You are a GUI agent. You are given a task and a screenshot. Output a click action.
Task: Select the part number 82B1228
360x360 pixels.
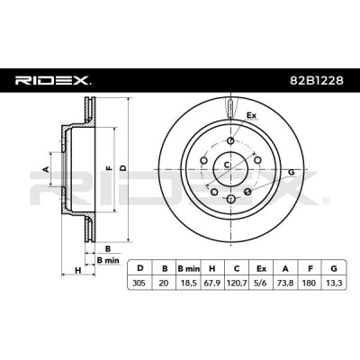pyautogui.click(x=317, y=80)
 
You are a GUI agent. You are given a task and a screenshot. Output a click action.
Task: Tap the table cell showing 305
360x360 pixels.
pyautogui.click(x=139, y=283)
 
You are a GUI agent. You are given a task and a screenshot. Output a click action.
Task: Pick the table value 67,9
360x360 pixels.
pyautogui.click(x=212, y=283)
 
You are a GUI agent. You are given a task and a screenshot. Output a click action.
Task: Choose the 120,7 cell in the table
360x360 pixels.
pyautogui.click(x=237, y=283)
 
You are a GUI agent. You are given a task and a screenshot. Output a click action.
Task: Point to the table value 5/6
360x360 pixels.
pyautogui.click(x=261, y=283)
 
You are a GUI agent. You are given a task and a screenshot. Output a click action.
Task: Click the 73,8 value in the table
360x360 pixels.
pyautogui.click(x=285, y=283)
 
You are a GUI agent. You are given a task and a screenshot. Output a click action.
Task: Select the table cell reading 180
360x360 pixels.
pyautogui.click(x=310, y=283)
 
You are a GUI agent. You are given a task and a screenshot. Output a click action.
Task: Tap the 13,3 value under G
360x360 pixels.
pyautogui.click(x=334, y=283)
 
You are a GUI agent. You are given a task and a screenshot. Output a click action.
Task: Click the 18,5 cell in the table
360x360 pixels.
pyautogui.click(x=188, y=283)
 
